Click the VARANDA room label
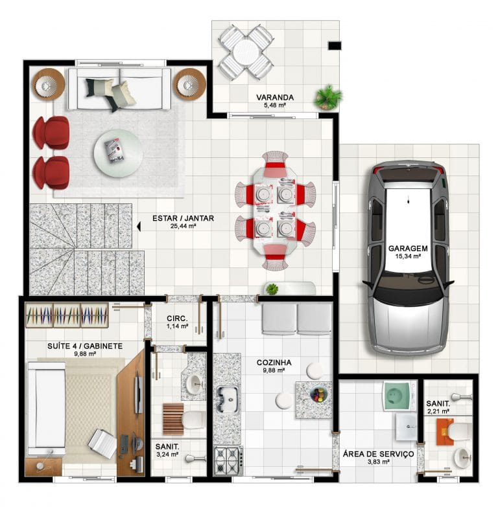(275, 97)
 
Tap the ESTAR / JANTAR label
(183, 218)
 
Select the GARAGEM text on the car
(408, 249)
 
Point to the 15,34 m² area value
(408, 256)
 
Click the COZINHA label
(274, 363)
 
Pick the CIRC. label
(177, 319)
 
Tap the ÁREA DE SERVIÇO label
(378, 454)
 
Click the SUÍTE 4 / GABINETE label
(85, 346)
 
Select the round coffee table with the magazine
(118, 153)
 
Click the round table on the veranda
(246, 52)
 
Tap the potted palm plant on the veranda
(327, 97)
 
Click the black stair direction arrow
(139, 227)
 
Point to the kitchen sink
(228, 400)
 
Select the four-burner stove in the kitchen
(229, 460)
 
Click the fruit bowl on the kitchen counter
(318, 394)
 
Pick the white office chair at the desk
(102, 443)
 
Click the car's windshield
(409, 291)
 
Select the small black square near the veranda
(335, 45)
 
